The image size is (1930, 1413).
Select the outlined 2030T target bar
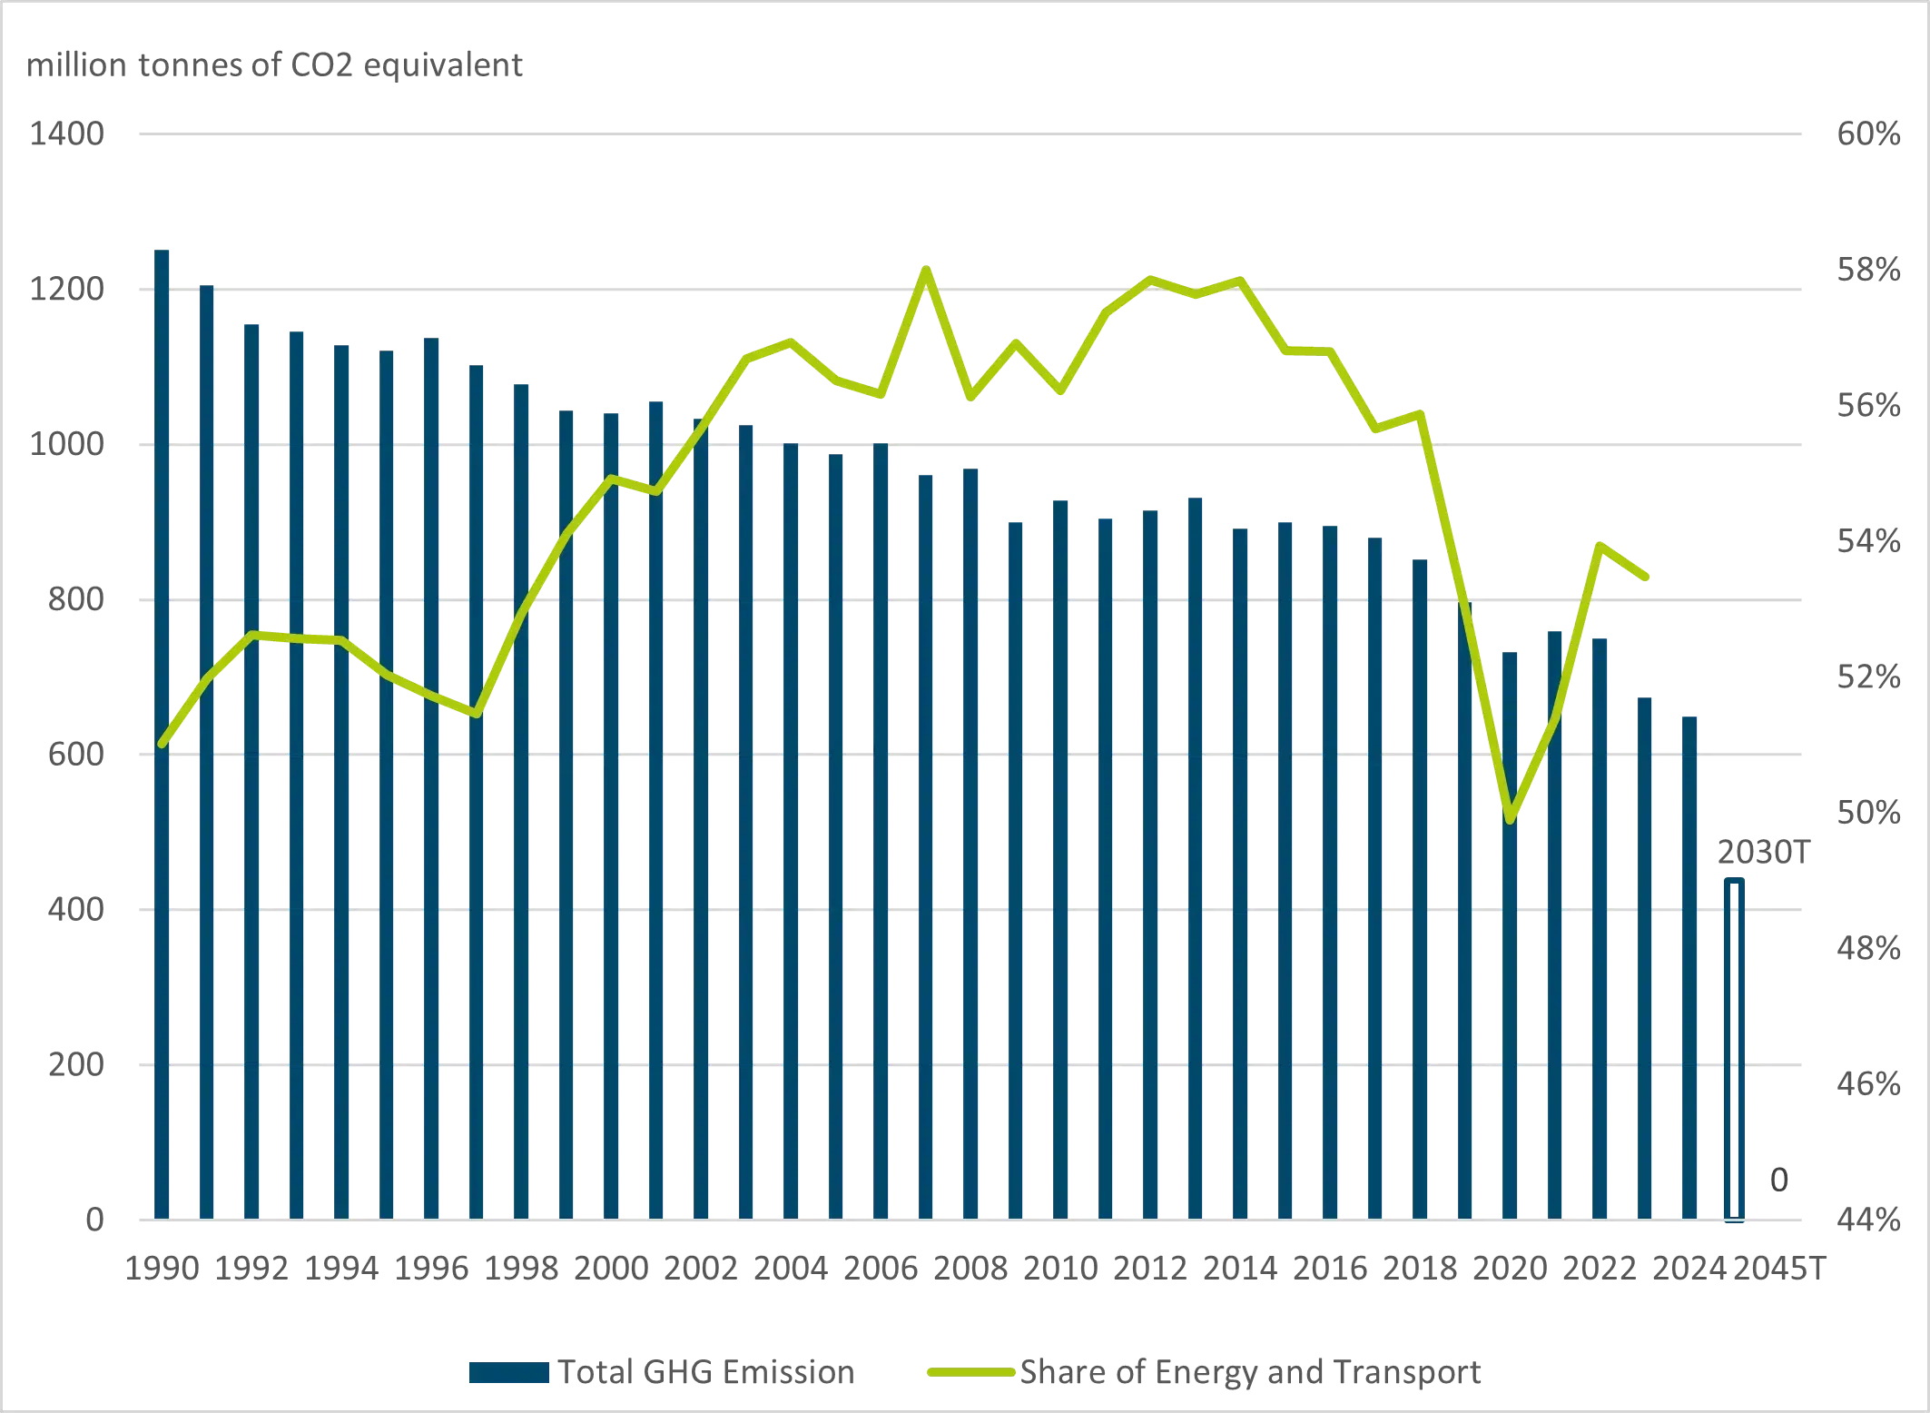coord(1733,1049)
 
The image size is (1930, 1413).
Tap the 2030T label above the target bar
coord(1762,853)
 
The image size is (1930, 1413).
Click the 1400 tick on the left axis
coord(66,134)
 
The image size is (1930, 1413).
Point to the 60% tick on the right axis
coord(1867,134)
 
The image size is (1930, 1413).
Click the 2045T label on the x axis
coord(1778,1268)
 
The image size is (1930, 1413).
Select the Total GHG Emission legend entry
coord(663,1371)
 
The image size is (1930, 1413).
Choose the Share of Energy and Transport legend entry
coord(1204,1371)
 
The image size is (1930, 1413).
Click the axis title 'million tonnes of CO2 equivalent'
coord(274,65)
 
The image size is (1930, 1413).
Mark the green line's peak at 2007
coord(925,269)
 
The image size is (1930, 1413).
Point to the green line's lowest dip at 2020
coord(1510,820)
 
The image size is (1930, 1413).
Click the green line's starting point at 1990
coord(162,745)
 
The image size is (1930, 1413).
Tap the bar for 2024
coord(1689,967)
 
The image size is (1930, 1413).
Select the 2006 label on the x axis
coord(880,1268)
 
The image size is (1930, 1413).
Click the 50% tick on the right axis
coord(1867,813)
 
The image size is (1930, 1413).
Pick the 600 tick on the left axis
coord(75,755)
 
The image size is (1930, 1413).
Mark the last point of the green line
coord(1645,577)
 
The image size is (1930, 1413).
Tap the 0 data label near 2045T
coord(1778,1180)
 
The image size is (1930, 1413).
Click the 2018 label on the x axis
coord(1419,1268)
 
